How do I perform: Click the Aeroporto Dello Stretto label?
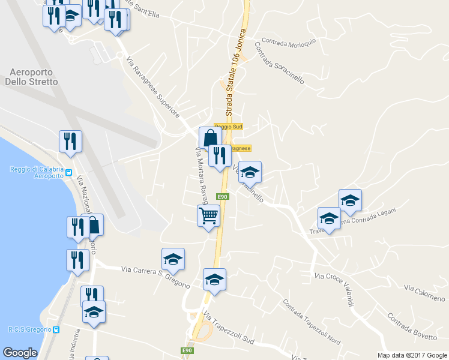click(x=34, y=77)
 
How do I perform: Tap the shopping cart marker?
click(x=208, y=215)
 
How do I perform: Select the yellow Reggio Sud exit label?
click(x=228, y=127)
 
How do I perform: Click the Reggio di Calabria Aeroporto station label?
click(x=36, y=172)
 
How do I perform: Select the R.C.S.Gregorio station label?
click(x=30, y=329)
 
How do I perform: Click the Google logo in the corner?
click(x=20, y=353)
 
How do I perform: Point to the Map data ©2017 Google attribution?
click(x=411, y=355)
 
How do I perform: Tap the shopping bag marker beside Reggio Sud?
click(x=210, y=137)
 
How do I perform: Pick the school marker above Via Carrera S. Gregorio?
click(x=173, y=259)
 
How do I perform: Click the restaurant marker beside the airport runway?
click(x=70, y=141)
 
